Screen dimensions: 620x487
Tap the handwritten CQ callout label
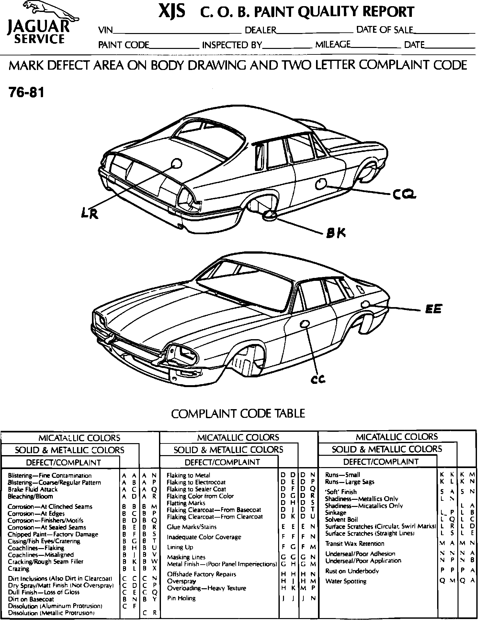[x=404, y=194]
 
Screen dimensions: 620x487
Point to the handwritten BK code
[x=336, y=233]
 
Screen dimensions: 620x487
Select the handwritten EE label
[x=433, y=309]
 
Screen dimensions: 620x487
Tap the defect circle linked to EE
[x=365, y=304]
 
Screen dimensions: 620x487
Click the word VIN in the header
[x=106, y=30]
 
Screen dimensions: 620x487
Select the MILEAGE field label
[x=333, y=44]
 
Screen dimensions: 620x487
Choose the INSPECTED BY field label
[x=232, y=45]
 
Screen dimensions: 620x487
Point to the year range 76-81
[x=26, y=93]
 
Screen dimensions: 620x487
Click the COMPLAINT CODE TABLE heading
[x=238, y=413]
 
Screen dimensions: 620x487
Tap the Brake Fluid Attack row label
[x=33, y=489]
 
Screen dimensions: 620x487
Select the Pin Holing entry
[x=181, y=598]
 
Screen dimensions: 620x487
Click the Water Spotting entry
[x=346, y=581]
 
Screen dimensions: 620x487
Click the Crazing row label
[x=18, y=568]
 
